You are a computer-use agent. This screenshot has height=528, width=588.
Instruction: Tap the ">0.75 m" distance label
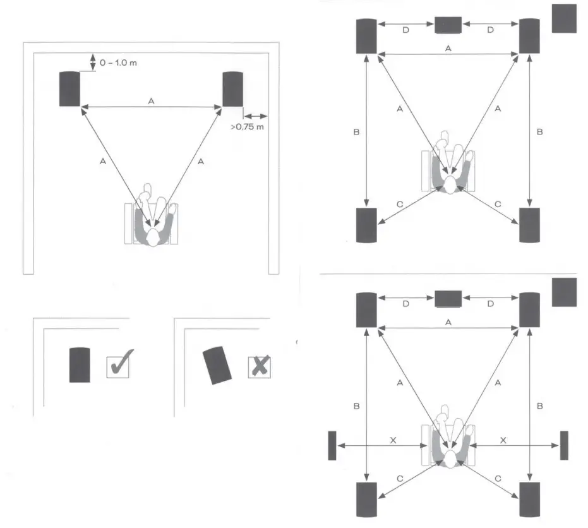click(x=247, y=128)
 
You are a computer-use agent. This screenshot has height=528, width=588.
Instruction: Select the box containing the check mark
click(x=118, y=366)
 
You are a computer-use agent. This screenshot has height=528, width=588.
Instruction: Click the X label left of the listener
click(x=393, y=440)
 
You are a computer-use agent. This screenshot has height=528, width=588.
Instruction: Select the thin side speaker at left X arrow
click(x=332, y=445)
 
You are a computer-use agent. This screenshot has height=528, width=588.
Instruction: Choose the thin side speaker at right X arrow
click(x=564, y=445)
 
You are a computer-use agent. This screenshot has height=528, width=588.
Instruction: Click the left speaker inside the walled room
click(x=69, y=89)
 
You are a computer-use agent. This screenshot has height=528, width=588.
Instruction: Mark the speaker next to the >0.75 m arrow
click(x=232, y=89)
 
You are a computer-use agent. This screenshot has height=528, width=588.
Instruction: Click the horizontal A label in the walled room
click(x=150, y=100)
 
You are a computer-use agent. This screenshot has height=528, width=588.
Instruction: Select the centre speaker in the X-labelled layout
click(x=448, y=298)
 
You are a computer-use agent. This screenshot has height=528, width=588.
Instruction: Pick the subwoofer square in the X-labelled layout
click(x=564, y=292)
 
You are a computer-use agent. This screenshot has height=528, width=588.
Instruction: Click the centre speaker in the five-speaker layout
click(x=448, y=25)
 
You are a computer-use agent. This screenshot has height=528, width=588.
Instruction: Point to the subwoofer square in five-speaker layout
click(x=564, y=18)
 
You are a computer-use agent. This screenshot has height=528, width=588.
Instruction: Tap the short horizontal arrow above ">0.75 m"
click(x=256, y=116)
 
